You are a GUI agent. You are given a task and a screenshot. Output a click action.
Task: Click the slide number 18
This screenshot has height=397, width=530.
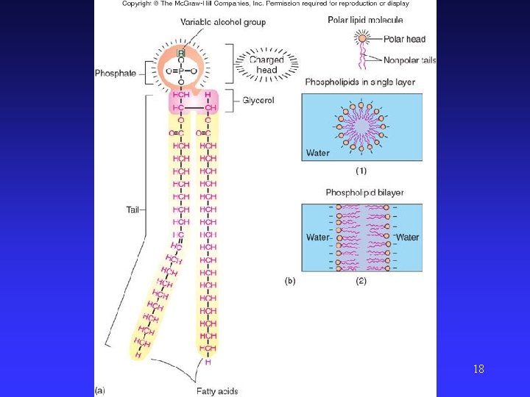click(478, 368)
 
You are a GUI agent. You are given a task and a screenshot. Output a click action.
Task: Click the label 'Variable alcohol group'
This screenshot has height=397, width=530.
click(222, 22)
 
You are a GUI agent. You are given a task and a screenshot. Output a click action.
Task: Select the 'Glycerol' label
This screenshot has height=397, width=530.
click(258, 100)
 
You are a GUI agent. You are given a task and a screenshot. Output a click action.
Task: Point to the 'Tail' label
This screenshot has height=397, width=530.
click(132, 210)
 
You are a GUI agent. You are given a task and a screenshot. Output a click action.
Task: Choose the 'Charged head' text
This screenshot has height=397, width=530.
click(266, 65)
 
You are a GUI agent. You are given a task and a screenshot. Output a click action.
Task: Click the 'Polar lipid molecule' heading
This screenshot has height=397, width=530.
click(366, 20)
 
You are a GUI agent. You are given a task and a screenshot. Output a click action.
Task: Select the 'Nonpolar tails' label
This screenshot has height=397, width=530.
click(409, 60)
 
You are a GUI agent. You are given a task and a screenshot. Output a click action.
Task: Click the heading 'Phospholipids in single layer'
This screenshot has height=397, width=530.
click(360, 82)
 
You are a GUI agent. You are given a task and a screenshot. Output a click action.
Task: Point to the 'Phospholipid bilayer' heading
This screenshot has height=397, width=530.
click(364, 193)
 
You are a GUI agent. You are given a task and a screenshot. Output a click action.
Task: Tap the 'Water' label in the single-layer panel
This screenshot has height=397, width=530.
click(318, 154)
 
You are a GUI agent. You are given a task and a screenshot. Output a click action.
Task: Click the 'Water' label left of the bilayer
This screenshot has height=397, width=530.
click(317, 237)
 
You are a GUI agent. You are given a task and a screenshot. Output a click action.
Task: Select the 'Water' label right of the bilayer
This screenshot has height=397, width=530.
click(407, 237)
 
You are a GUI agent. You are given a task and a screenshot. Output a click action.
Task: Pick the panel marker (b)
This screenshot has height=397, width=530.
click(291, 281)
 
